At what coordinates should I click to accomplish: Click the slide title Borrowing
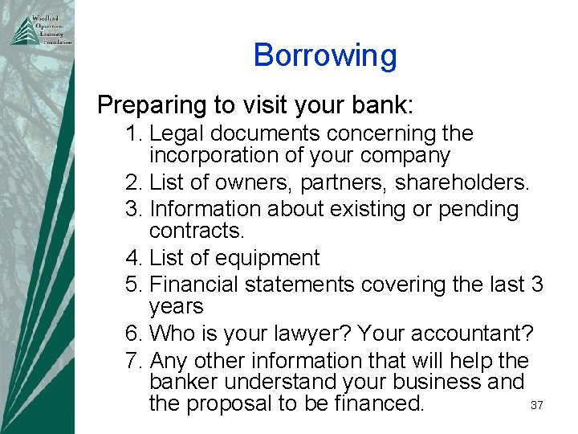tap(325, 55)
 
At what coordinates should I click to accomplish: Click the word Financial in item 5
tap(198, 285)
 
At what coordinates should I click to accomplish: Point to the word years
tap(177, 307)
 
